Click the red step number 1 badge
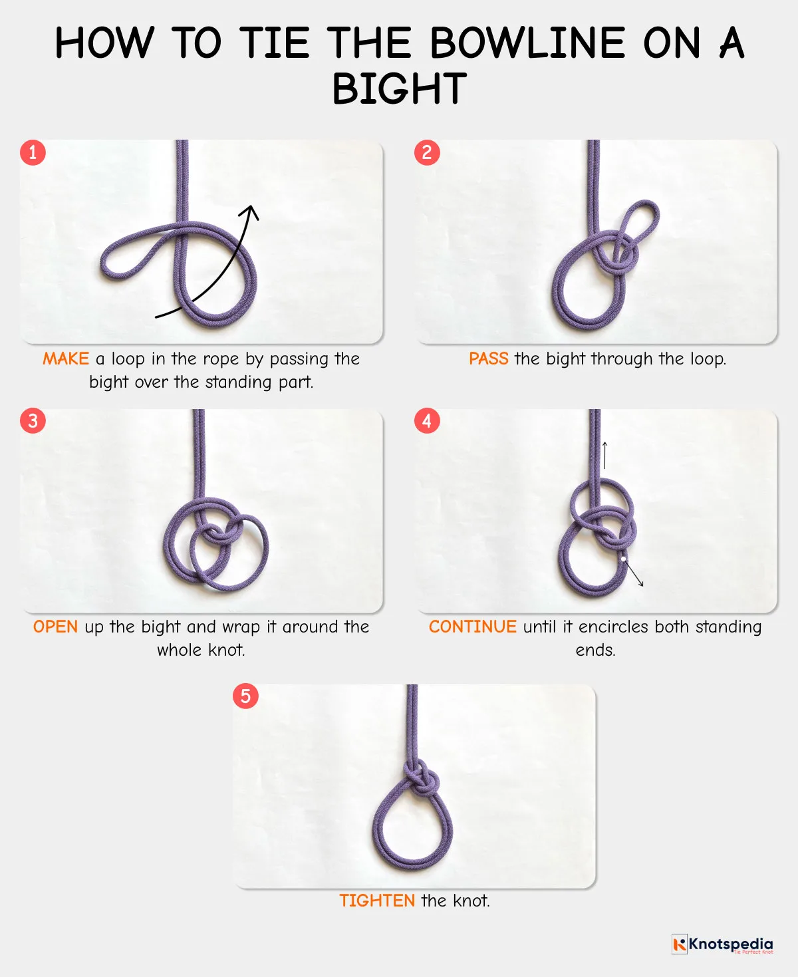(x=33, y=152)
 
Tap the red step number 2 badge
(x=427, y=152)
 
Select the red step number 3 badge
(x=33, y=420)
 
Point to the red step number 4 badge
(x=427, y=420)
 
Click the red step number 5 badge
(x=245, y=696)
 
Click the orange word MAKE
(x=65, y=359)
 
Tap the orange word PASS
(x=488, y=359)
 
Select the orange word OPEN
(x=55, y=627)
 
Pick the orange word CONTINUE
(x=472, y=627)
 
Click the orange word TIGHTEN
(x=377, y=901)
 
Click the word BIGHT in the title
(x=399, y=89)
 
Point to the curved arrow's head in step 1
(x=251, y=211)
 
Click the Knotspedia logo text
(x=730, y=944)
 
